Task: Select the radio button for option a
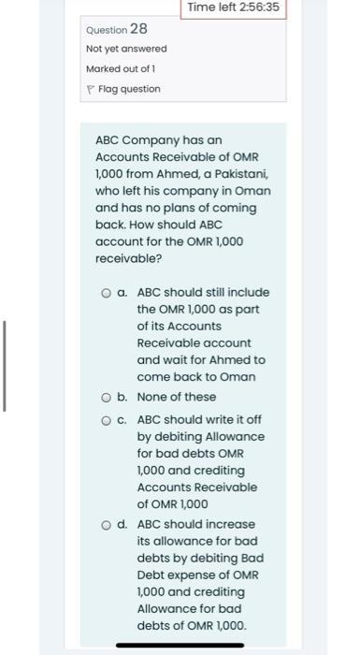pyautogui.click(x=108, y=293)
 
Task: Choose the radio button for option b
pyautogui.click(x=108, y=397)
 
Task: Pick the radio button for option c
pyautogui.click(x=108, y=420)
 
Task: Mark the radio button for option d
pyautogui.click(x=108, y=524)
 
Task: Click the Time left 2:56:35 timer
pyautogui.click(x=233, y=8)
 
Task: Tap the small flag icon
pyautogui.click(x=90, y=89)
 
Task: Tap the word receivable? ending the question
pyautogui.click(x=128, y=258)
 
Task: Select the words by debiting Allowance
pyautogui.click(x=200, y=437)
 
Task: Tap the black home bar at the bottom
pyautogui.click(x=180, y=645)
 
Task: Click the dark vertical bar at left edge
pyautogui.click(x=5, y=365)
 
